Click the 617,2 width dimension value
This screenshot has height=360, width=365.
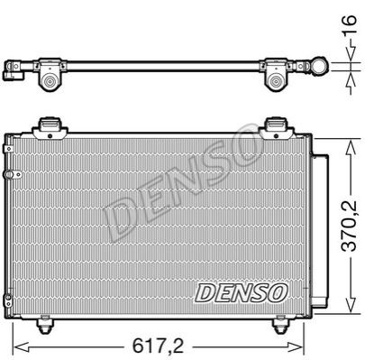[159, 346]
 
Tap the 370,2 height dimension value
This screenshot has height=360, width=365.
[349, 226]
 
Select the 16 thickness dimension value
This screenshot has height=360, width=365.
[349, 24]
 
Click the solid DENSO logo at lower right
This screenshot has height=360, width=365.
[242, 292]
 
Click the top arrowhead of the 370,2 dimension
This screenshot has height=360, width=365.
[351, 148]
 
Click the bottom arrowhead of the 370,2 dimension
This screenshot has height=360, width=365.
[351, 304]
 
